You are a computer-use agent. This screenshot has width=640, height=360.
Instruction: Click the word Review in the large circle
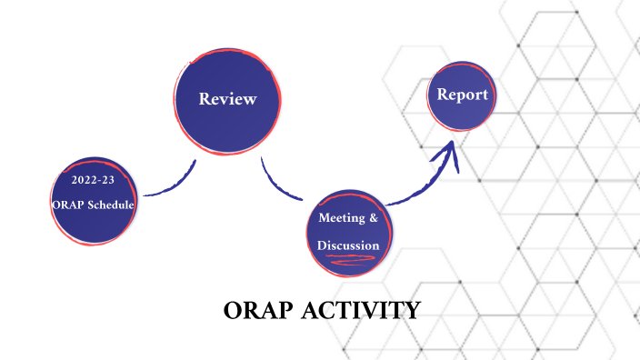[227, 99]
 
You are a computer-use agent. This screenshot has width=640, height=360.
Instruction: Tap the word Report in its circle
[463, 95]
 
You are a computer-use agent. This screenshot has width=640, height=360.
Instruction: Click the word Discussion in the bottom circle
[348, 245]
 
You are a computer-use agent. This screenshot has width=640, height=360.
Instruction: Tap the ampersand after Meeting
[372, 218]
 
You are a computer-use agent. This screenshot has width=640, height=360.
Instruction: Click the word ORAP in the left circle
[68, 205]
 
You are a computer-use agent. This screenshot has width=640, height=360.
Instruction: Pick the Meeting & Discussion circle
[348, 232]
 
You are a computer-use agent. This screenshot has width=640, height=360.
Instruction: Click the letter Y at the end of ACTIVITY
[413, 312]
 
